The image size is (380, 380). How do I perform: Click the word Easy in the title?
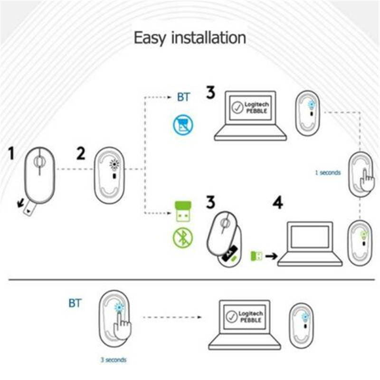pyautogui.click(x=150, y=38)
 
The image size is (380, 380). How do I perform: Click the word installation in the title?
pyautogui.click(x=209, y=38)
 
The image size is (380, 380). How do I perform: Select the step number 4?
pyautogui.click(x=278, y=202)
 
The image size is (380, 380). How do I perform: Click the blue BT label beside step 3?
pyautogui.click(x=183, y=97)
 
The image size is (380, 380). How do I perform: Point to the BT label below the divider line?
pyautogui.click(x=75, y=303)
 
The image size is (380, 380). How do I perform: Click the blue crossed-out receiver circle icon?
pyautogui.click(x=183, y=125)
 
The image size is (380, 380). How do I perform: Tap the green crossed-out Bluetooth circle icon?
pyautogui.click(x=183, y=238)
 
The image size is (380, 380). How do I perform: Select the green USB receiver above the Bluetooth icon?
pyautogui.click(x=183, y=211)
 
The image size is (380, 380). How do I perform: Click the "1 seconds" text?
pyautogui.click(x=328, y=172)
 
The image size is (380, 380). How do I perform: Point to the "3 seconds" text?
pyautogui.click(x=114, y=360)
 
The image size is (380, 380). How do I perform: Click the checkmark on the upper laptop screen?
pyautogui.click(x=237, y=107)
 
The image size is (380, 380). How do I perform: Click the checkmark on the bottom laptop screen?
pyautogui.click(x=231, y=316)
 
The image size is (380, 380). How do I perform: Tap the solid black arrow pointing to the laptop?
pyautogui.click(x=271, y=256)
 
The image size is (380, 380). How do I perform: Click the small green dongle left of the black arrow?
pyautogui.click(x=256, y=256)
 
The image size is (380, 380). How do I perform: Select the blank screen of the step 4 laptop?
pyautogui.click(x=310, y=237)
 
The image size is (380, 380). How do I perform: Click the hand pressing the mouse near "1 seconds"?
pyautogui.click(x=367, y=181)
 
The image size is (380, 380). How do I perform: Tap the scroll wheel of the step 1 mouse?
pyautogui.click(x=39, y=161)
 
